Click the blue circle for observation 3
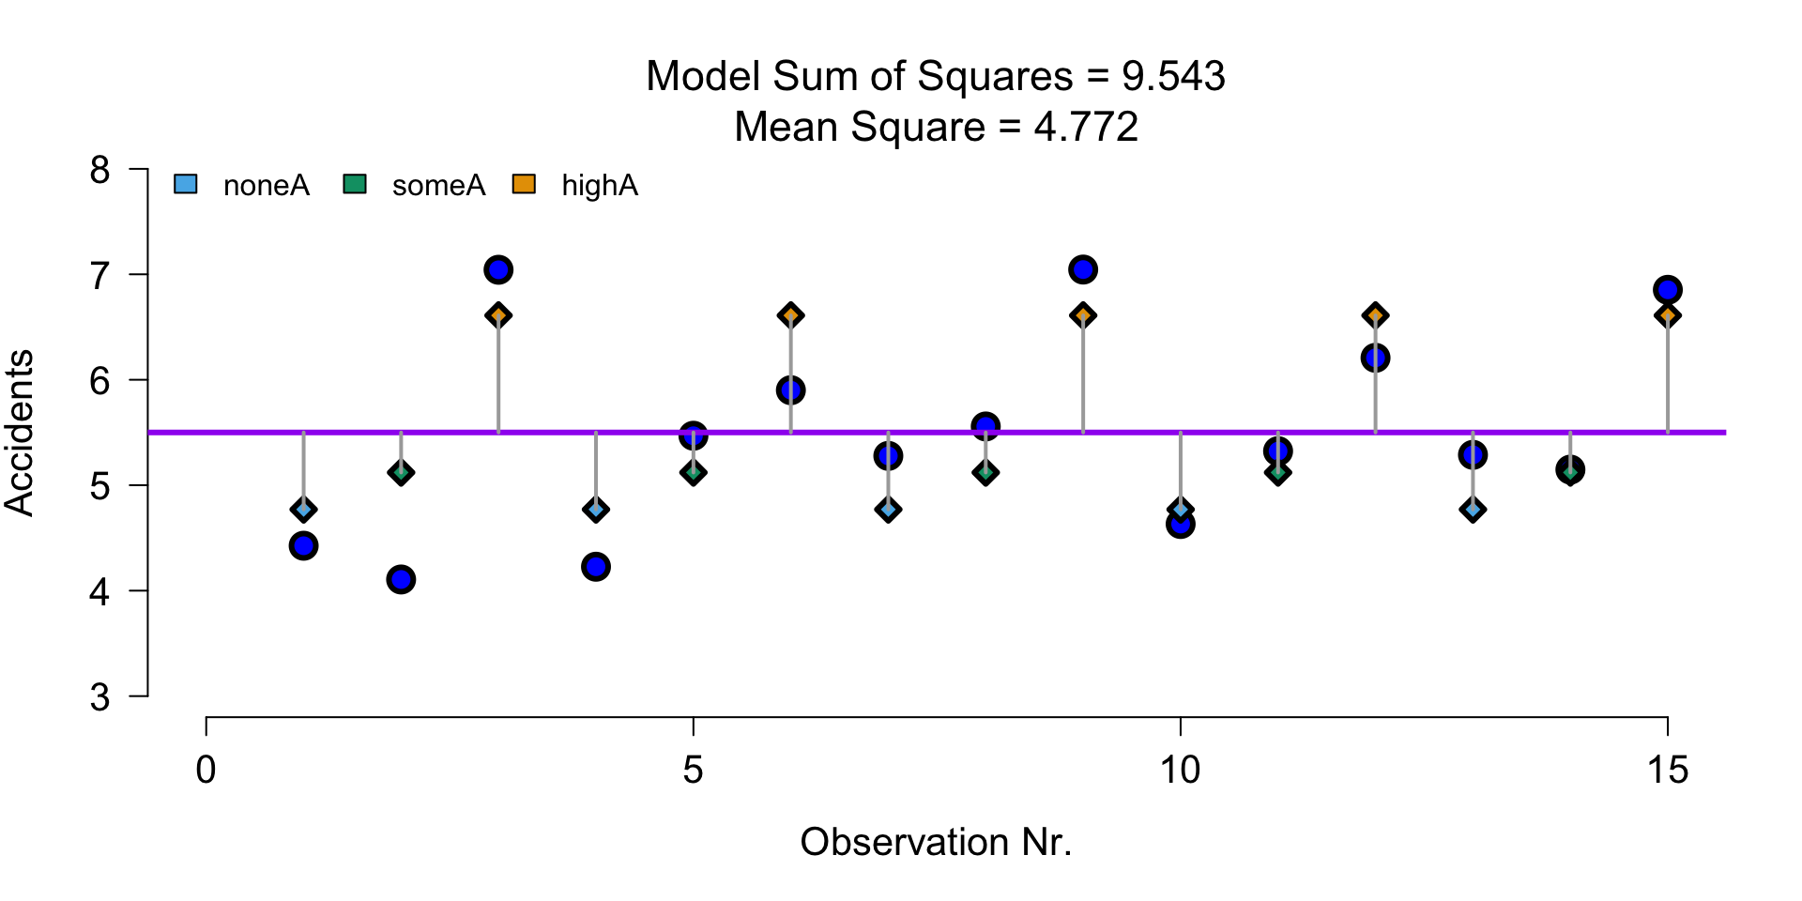tap(498, 270)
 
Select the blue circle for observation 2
tap(401, 579)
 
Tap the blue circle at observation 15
tap(1668, 290)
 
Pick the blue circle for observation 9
tap(1083, 270)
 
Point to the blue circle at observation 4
tap(596, 567)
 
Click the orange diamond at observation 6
tap(791, 315)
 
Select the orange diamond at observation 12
tap(1376, 315)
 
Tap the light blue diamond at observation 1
tap(303, 510)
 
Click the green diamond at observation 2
tap(401, 472)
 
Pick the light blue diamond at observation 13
tap(1473, 510)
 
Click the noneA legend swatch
tap(186, 185)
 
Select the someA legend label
tap(438, 186)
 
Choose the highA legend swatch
tap(524, 185)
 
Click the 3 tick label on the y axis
tap(100, 697)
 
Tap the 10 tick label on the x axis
tap(1180, 771)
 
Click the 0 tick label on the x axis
tap(206, 771)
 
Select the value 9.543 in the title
tap(1173, 77)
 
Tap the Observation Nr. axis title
tap(936, 842)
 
